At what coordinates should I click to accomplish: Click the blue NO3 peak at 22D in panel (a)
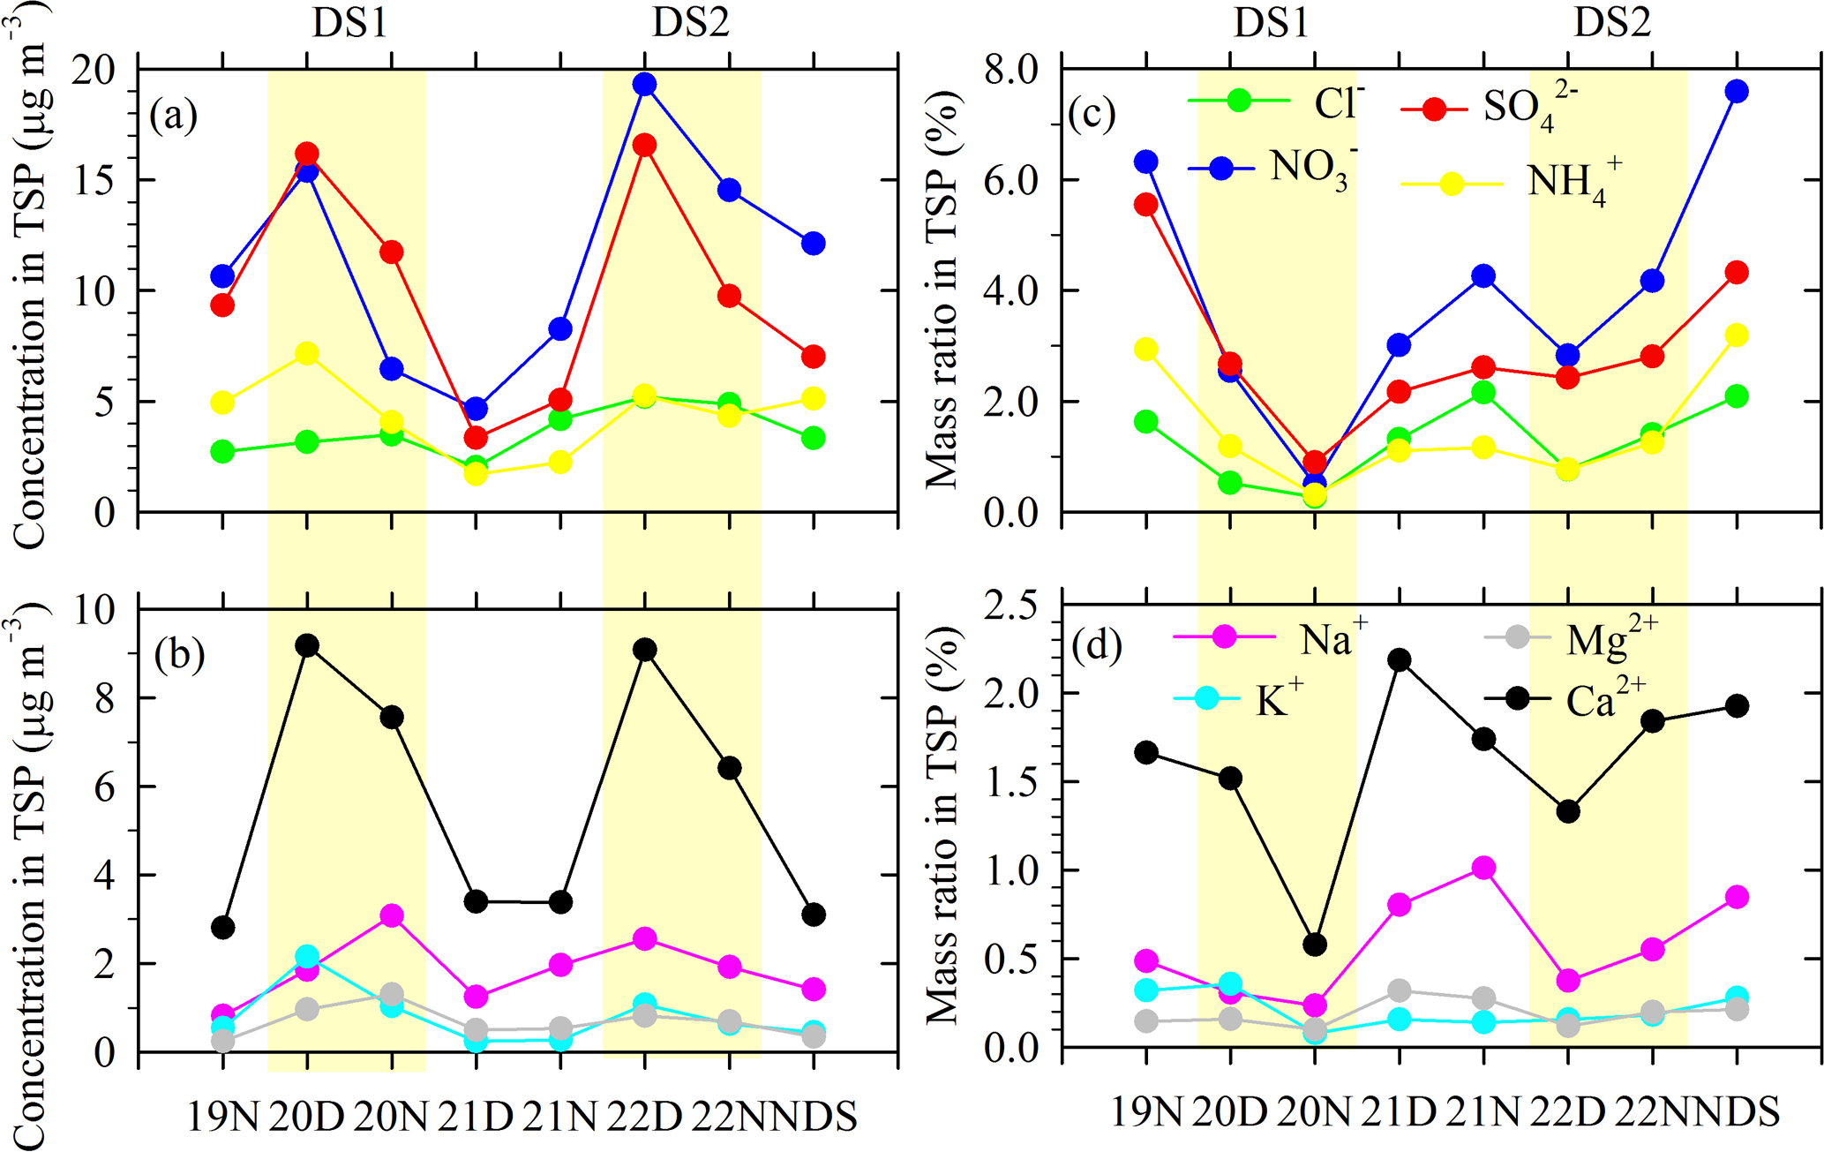point(644,84)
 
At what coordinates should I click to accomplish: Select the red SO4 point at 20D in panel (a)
point(307,154)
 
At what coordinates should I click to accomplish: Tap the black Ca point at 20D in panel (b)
point(307,645)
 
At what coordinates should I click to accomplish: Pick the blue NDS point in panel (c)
point(1737,91)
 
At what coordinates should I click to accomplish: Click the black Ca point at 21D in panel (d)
point(1399,659)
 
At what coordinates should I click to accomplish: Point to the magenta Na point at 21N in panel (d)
point(1483,868)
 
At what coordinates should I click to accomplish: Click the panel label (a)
point(173,115)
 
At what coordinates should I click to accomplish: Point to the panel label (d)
point(1096,645)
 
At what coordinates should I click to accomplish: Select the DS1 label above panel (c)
point(1271,23)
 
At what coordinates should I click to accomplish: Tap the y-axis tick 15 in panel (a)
point(94,180)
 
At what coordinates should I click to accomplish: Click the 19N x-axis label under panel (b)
point(222,1117)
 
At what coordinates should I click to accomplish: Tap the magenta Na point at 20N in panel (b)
point(392,915)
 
